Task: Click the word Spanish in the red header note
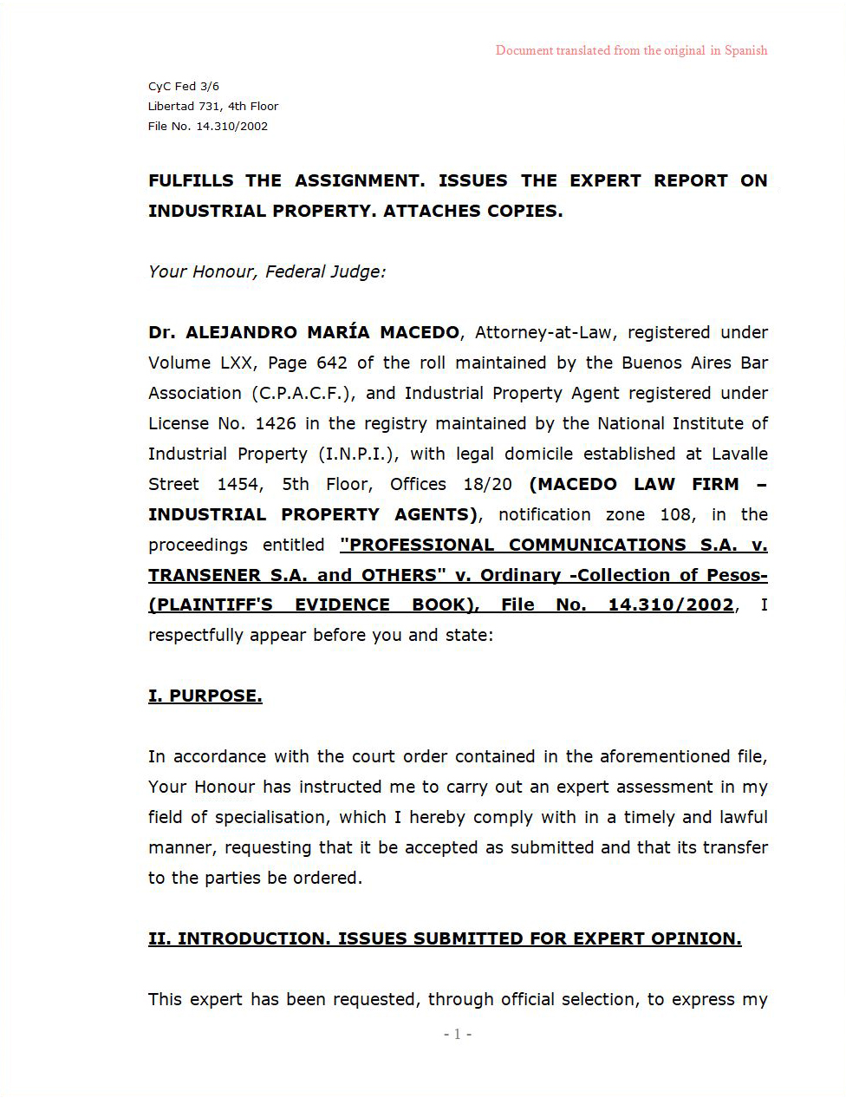point(745,50)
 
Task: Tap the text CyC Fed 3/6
point(184,86)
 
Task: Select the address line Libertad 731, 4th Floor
point(213,106)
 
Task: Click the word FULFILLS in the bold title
point(191,180)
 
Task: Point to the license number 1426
point(275,423)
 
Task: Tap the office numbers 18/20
point(487,484)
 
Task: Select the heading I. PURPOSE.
point(205,696)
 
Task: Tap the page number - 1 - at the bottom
point(458,1034)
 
